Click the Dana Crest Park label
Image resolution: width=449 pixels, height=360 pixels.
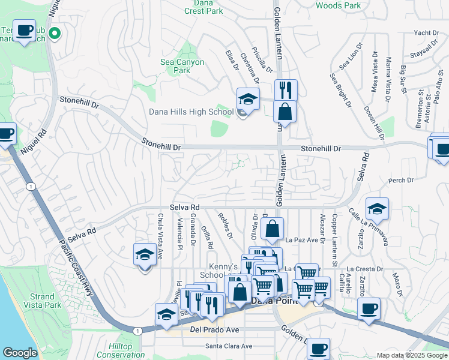click(203, 7)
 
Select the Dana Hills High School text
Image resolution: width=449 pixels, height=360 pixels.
click(182, 112)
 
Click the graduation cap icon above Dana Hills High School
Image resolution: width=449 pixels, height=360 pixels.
click(248, 98)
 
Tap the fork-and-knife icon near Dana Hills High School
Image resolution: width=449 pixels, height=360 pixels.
click(286, 90)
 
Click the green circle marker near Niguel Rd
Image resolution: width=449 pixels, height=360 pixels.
click(55, 34)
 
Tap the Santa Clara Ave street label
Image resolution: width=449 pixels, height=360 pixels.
click(228, 346)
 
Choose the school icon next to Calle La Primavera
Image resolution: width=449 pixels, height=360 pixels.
click(376, 209)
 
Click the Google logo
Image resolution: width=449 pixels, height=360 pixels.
click(20, 353)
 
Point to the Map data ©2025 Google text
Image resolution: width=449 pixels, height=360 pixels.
click(411, 355)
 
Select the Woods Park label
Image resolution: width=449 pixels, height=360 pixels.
click(339, 5)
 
